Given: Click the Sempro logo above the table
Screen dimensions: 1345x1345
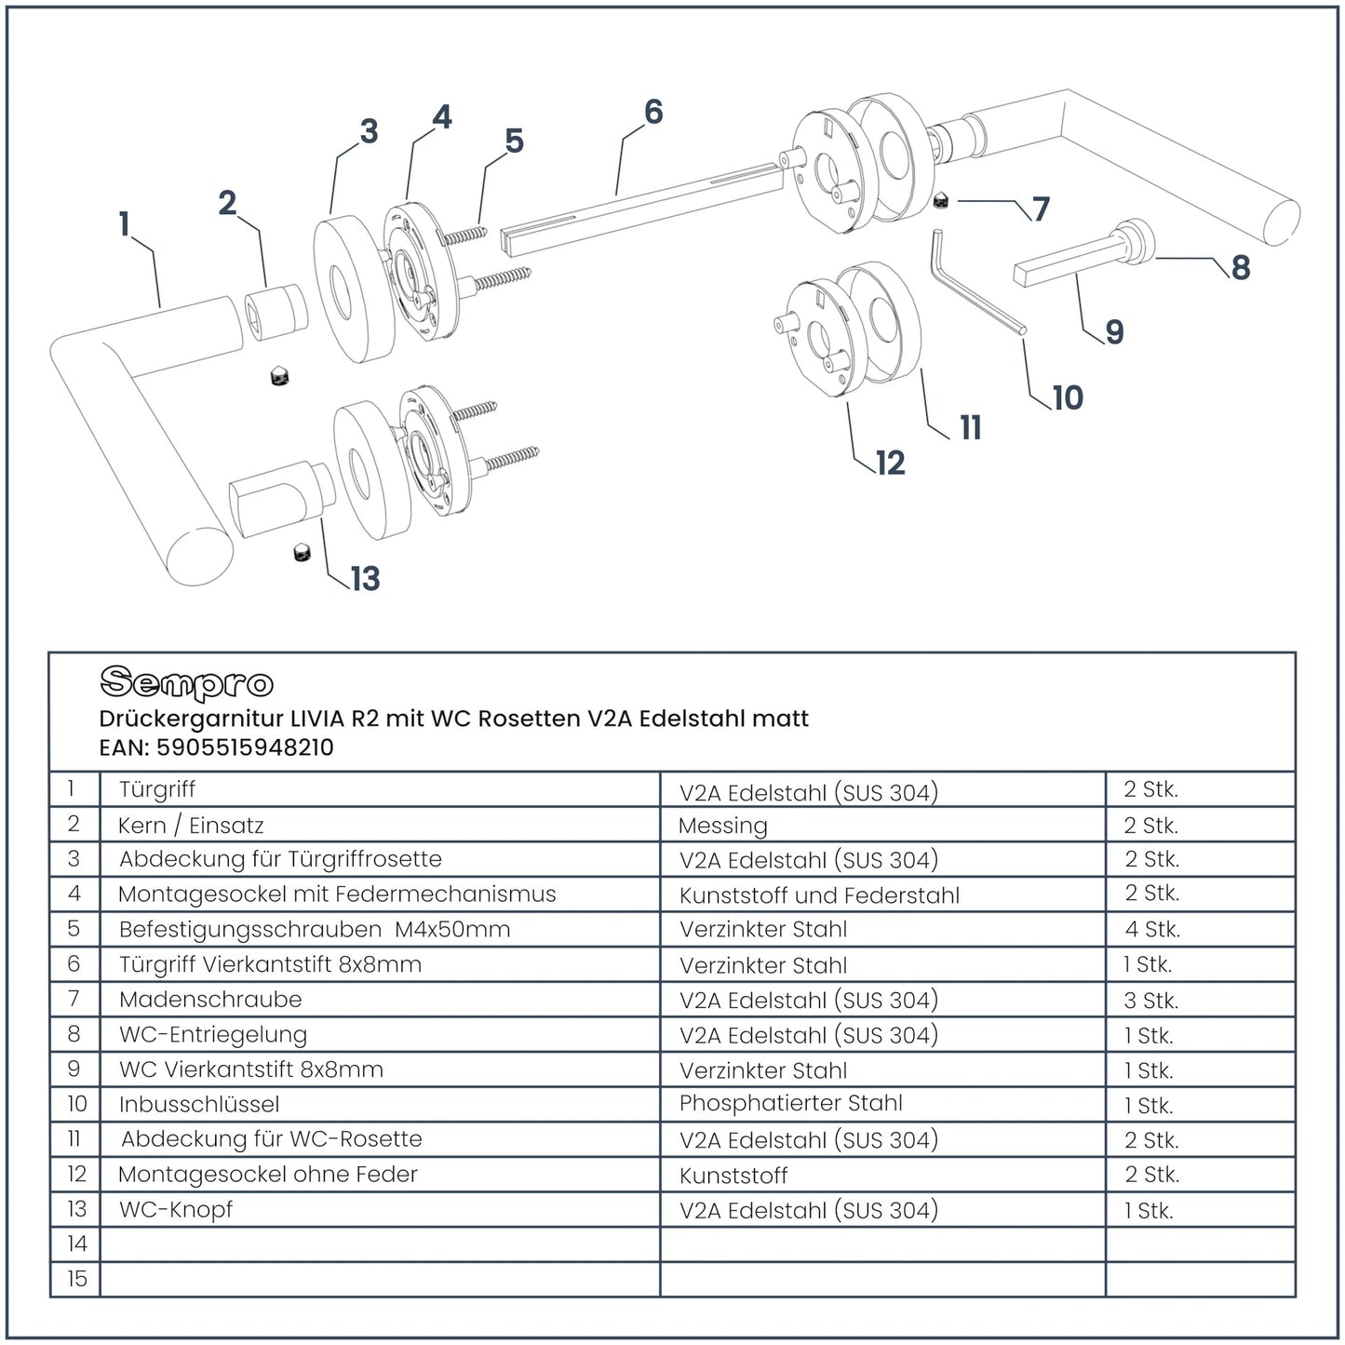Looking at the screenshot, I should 186,683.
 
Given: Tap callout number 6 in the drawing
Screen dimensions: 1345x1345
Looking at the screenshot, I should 653,113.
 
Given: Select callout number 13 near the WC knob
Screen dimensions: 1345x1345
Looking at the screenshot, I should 365,579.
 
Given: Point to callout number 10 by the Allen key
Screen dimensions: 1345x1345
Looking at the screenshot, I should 1068,398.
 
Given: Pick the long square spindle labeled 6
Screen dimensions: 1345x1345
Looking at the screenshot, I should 642,208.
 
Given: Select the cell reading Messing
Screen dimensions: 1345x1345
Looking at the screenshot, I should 723,826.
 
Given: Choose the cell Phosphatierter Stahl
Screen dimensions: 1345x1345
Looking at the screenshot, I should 790,1104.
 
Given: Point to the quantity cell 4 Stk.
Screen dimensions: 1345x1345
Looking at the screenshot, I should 1151,929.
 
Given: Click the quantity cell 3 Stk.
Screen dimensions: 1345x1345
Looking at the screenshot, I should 1150,1001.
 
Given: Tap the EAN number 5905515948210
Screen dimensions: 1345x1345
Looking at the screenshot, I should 245,747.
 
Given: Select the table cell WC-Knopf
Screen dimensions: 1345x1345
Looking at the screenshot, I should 176,1210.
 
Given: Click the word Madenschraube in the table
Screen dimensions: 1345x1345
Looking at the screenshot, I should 210,1000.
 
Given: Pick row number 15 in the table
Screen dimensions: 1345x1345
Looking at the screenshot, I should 76,1279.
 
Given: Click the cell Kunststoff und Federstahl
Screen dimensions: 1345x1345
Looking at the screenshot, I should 819,895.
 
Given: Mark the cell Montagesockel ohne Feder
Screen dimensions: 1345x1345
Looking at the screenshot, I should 268,1175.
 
